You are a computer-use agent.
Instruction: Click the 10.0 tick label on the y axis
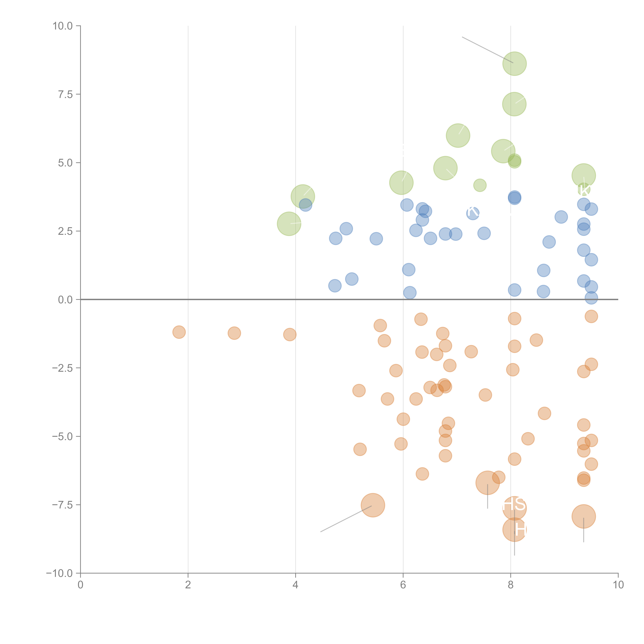click(x=63, y=26)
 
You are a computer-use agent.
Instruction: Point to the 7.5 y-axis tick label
click(x=65, y=94)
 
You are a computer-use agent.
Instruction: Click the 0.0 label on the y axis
click(x=65, y=300)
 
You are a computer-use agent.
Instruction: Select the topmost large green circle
click(x=514, y=64)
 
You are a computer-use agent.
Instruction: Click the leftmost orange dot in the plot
click(x=179, y=332)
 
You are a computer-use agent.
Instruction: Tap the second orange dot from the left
click(x=234, y=333)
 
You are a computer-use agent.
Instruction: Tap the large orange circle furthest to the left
click(x=373, y=505)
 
